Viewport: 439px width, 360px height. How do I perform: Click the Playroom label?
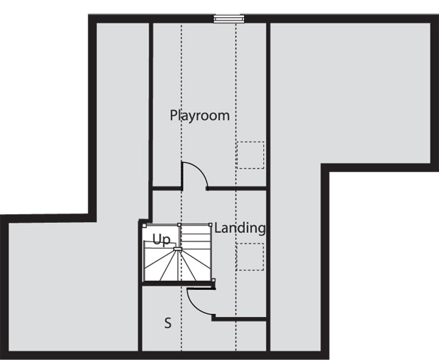[x=200, y=116]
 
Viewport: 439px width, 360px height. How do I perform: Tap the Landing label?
[x=240, y=228]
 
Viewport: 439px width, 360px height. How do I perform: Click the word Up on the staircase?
[x=161, y=240]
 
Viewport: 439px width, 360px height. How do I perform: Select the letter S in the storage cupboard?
[x=168, y=323]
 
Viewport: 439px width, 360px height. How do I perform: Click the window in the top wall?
[x=229, y=19]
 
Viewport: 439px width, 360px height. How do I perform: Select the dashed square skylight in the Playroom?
[x=251, y=155]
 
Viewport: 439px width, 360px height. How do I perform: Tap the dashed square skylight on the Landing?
[x=250, y=256]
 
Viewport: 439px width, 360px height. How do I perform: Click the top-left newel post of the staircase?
[x=144, y=225]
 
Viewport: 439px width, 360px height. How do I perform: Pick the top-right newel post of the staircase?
[x=211, y=224]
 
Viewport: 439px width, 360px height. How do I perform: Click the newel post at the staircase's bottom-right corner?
[x=213, y=280]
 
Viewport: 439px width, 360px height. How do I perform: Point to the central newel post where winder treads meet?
[x=176, y=249]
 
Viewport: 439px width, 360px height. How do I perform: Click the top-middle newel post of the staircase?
[x=179, y=225]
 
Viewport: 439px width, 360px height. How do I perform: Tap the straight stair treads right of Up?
[x=196, y=236]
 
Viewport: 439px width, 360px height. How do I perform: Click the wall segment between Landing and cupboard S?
[x=239, y=319]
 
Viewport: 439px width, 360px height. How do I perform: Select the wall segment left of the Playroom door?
[x=167, y=189]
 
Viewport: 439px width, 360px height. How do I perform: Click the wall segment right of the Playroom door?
[x=236, y=189]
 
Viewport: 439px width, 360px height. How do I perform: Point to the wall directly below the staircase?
[x=178, y=284]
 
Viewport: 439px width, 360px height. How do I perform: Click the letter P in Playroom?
[x=173, y=115]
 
